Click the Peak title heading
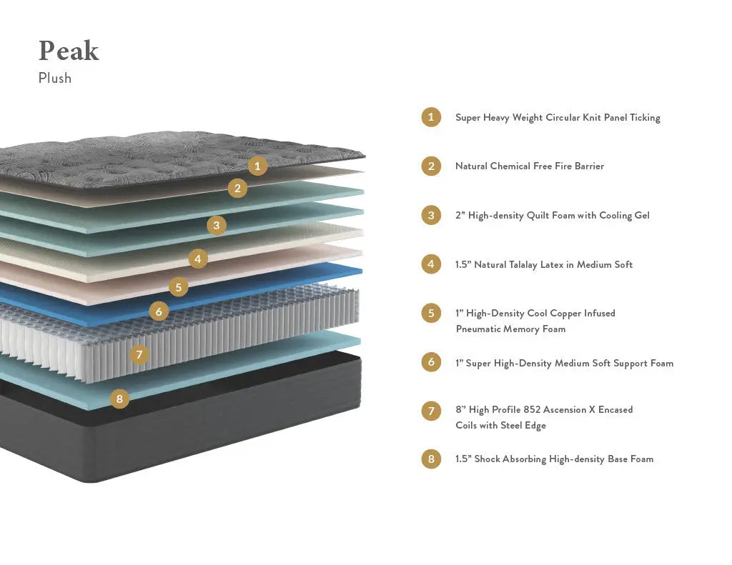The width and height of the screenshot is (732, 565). coord(69,51)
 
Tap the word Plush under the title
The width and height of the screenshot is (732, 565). coord(55,78)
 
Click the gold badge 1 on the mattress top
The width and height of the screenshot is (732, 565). coord(257,166)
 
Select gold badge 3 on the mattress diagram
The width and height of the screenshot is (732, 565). coord(217,225)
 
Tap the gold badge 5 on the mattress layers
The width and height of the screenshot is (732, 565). coord(178,287)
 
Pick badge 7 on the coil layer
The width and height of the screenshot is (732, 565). coord(139,354)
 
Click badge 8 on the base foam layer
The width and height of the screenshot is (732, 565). coord(119,399)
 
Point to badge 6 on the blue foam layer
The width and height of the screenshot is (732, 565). coord(159,311)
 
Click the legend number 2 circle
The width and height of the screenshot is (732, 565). coord(431,166)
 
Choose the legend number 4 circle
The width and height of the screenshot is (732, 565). coord(431,264)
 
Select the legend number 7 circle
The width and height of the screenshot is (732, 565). coord(431,411)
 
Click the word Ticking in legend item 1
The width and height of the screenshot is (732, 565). coord(645,118)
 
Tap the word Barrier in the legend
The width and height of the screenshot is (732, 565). coord(589,166)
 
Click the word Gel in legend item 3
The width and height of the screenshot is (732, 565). coord(642,215)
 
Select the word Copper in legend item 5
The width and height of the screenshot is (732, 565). coord(566,313)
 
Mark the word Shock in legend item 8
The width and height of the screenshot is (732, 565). coord(487,459)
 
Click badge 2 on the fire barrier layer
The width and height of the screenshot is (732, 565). coord(237,188)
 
